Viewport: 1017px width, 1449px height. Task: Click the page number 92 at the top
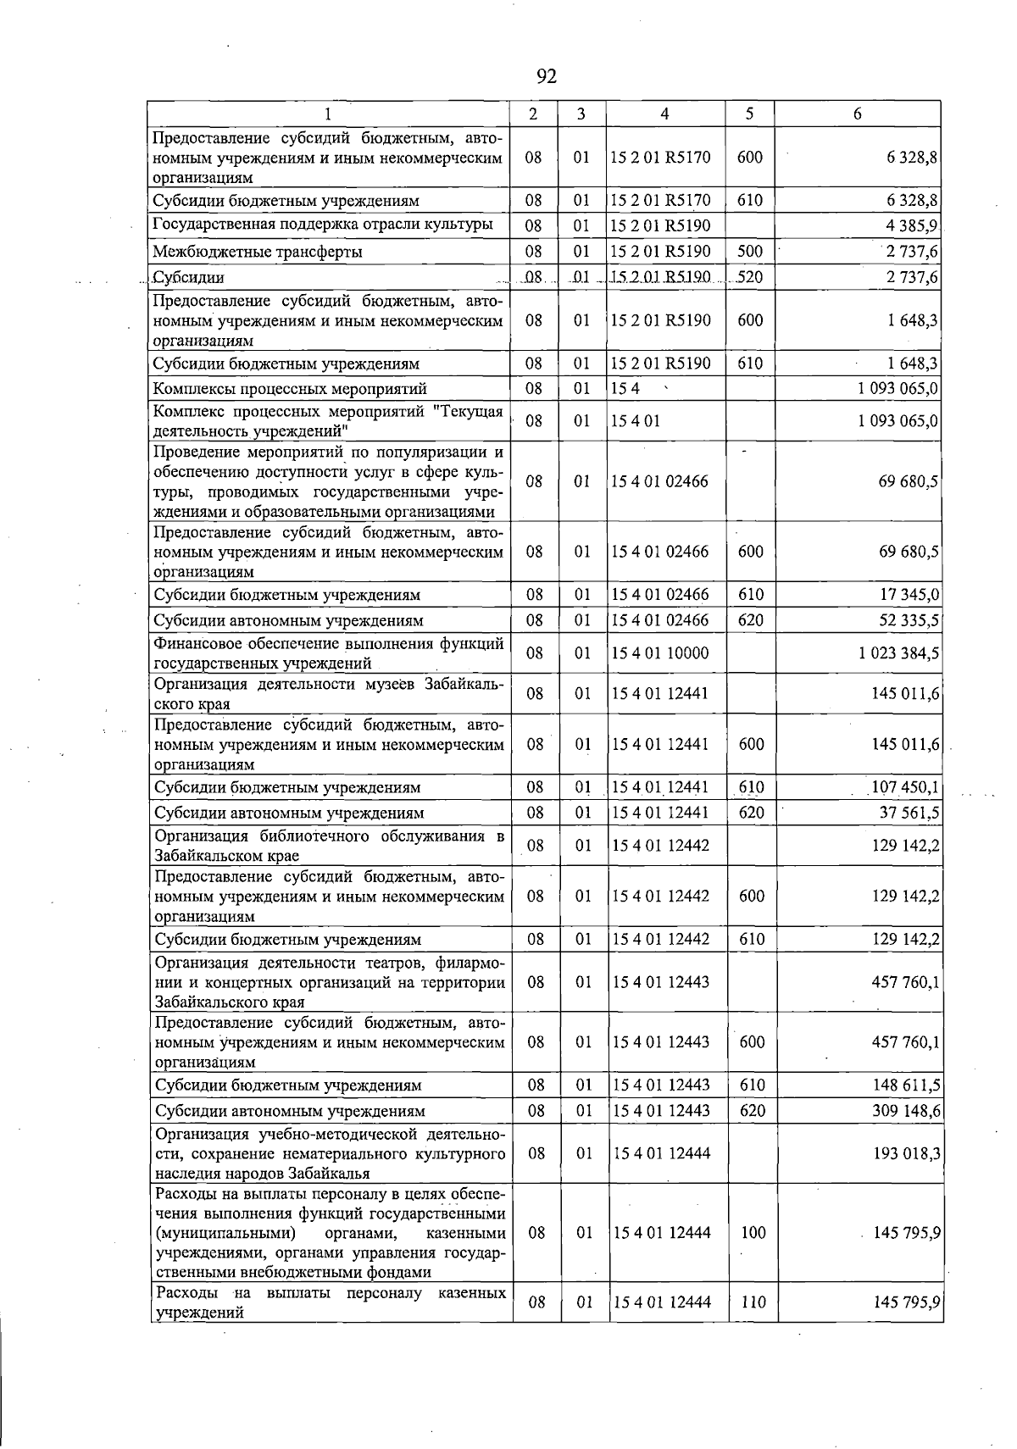547,77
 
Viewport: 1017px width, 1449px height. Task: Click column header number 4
664,114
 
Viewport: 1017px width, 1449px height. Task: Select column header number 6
857,114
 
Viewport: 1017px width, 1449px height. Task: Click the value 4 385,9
911,226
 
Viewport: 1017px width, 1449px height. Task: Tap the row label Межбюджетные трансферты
258,252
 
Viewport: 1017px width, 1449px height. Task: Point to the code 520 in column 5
749,277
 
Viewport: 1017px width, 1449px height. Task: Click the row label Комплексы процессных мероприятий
289,389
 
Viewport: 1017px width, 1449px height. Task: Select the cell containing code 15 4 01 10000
660,653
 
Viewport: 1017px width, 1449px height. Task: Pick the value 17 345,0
908,595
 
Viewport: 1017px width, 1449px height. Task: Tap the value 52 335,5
908,620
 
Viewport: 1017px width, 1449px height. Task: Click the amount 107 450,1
904,787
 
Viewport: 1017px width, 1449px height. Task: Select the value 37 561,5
908,813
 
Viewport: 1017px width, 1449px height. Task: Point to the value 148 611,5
905,1085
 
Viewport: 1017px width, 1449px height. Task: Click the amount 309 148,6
905,1111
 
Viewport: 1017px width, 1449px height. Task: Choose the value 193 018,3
905,1153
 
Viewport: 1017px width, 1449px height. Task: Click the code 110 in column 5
753,1302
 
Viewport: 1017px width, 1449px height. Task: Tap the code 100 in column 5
753,1233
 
